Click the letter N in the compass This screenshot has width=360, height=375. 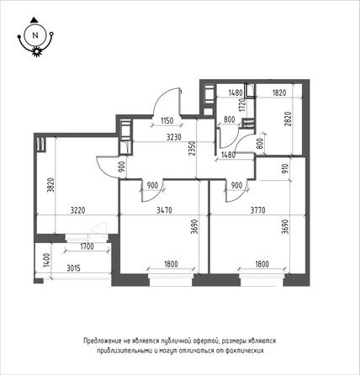[x=35, y=35]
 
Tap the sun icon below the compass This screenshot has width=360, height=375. [x=36, y=51]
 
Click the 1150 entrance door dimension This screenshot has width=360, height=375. [x=167, y=121]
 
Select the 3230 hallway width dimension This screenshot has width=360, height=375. [x=174, y=137]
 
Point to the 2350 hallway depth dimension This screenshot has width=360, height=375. [x=192, y=150]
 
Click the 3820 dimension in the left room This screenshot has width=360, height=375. [x=51, y=185]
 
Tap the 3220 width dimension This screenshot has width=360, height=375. [x=77, y=210]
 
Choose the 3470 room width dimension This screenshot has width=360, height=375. [x=165, y=210]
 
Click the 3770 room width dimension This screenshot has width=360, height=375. [x=258, y=210]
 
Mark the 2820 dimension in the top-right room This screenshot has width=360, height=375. [x=288, y=119]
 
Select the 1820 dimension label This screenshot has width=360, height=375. [x=279, y=92]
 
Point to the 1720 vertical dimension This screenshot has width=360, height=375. [x=243, y=104]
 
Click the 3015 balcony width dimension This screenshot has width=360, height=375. [x=73, y=268]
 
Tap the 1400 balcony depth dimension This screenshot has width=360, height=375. [x=47, y=260]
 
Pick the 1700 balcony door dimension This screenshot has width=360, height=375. [x=87, y=247]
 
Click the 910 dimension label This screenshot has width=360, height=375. [x=285, y=169]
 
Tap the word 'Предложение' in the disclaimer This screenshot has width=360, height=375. [x=102, y=341]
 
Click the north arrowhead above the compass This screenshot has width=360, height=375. [x=34, y=19]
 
